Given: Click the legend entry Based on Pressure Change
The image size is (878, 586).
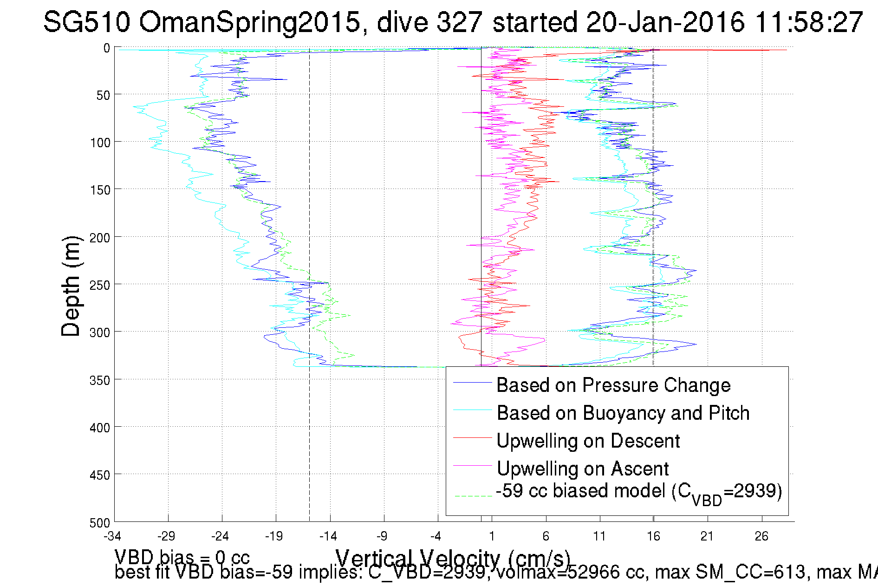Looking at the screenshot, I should coord(613,385).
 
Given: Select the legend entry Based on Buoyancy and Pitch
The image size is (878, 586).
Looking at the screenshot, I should coord(623,413).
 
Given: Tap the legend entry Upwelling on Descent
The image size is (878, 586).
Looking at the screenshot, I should coord(588,441).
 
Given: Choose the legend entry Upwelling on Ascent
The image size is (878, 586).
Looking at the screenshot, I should coord(583,469).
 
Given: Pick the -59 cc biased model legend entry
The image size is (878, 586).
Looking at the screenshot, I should coord(639,492).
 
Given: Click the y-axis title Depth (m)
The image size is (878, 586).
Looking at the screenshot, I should coord(71,286).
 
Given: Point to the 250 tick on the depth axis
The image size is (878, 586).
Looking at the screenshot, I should coord(100,285).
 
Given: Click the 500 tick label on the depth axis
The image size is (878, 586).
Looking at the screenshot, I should coord(100,523).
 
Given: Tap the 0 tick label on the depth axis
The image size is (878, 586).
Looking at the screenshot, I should coord(107,48).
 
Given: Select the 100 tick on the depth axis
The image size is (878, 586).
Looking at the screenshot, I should coord(100,143).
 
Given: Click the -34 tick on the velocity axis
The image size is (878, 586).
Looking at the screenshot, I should coord(112,537).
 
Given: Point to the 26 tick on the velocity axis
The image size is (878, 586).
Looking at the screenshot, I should coord(761,537).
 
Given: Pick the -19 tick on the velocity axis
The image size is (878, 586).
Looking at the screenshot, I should coord(274,537).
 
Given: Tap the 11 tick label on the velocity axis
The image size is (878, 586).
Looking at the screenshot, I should coord(599,537).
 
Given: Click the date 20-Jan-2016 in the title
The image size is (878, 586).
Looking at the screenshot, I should coord(665,22).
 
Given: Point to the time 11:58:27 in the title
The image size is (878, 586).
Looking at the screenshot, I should coord(808,22).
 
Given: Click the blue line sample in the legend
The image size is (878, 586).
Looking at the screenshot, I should coord(472,383).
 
